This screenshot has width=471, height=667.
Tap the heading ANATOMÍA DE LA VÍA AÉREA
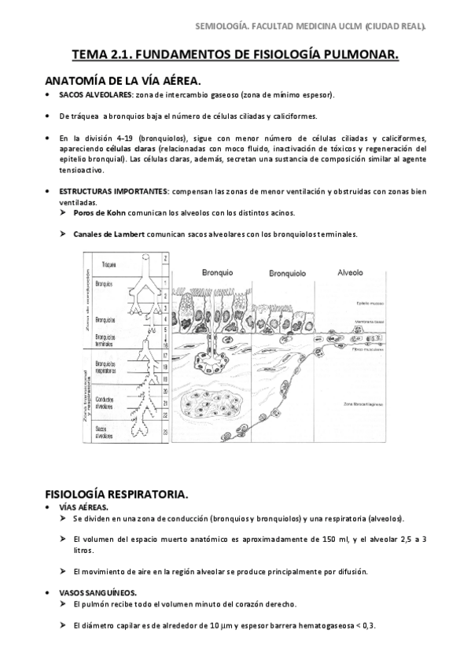123,80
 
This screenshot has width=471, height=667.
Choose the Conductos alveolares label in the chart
106,400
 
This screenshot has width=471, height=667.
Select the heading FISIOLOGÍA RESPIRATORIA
116,495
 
